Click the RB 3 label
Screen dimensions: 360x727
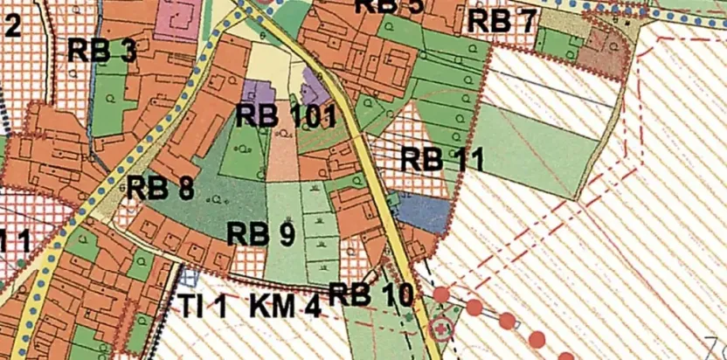coord(102,51)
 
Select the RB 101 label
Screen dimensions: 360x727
coord(287,115)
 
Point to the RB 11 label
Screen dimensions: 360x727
coord(442,160)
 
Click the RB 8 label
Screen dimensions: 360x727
coord(160,189)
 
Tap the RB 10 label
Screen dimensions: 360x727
coord(370,295)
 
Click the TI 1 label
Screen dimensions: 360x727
coord(203,306)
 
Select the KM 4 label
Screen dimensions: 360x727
coord(285,306)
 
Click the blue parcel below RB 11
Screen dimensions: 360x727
coord(422,211)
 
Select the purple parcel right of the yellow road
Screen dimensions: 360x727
coord(315,87)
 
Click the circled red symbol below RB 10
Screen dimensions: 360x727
coord(441,329)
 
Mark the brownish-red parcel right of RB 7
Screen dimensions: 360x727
coord(603,52)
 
